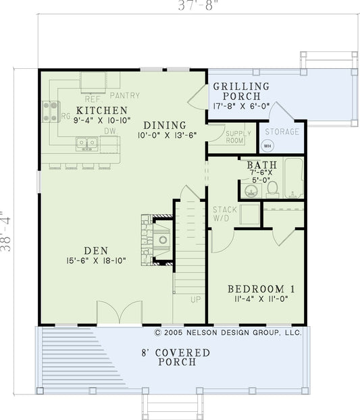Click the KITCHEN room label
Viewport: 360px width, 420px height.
coord(101,110)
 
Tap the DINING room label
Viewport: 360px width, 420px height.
coord(164,125)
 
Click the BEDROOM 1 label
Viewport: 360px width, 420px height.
coord(256,288)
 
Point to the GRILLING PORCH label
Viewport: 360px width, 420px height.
coord(241,86)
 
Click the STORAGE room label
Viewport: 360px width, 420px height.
coord(282,131)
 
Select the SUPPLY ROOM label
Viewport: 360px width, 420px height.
coord(238,137)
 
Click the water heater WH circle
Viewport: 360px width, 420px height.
coord(267,145)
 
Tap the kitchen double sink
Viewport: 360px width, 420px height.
coord(86,142)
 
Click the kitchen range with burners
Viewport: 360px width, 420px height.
coord(51,111)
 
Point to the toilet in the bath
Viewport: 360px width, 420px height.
coord(272,188)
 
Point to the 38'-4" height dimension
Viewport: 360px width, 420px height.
coord(6,230)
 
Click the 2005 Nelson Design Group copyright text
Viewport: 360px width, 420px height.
coord(228,332)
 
